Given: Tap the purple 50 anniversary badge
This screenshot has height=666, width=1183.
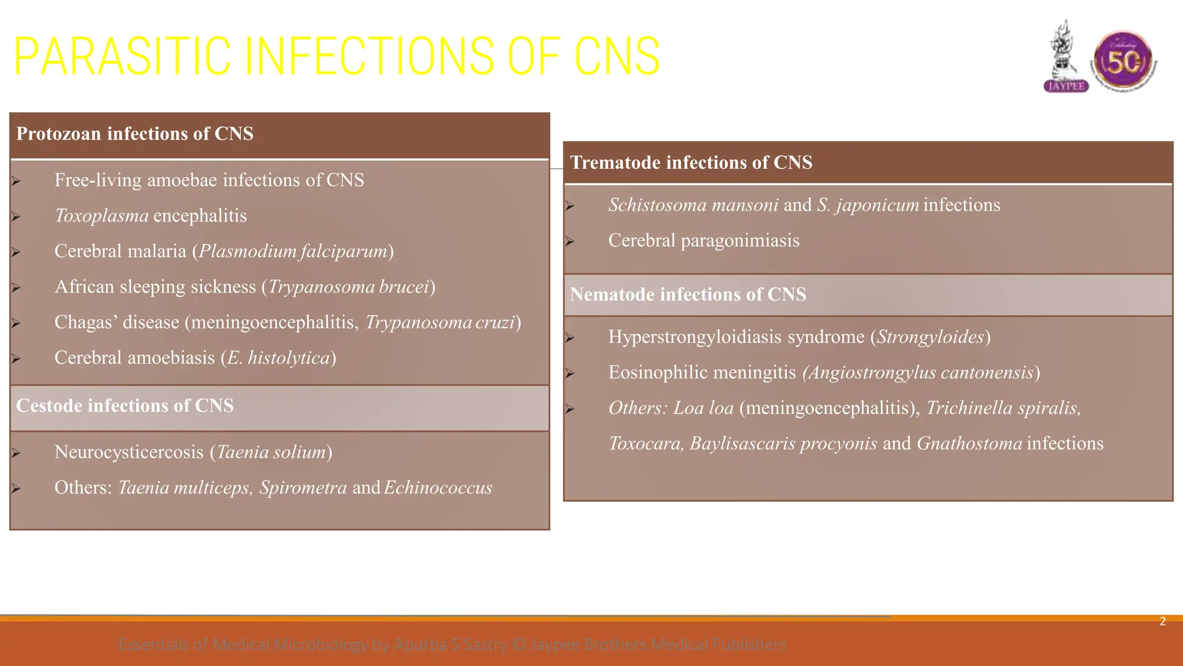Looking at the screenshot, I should pyautogui.click(x=1123, y=61).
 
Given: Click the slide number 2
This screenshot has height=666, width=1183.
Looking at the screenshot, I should pyautogui.click(x=1162, y=621).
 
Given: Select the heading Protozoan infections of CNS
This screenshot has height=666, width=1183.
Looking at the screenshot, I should pyautogui.click(x=135, y=134).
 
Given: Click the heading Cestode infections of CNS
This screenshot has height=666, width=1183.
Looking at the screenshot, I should pyautogui.click(x=125, y=406).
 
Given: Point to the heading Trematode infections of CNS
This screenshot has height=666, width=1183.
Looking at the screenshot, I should pyautogui.click(x=691, y=162).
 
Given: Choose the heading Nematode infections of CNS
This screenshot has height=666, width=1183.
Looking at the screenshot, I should pyautogui.click(x=688, y=294).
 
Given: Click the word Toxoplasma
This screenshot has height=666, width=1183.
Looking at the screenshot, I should pyautogui.click(x=102, y=216).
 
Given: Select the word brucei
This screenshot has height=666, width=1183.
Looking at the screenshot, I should pyautogui.click(x=404, y=287).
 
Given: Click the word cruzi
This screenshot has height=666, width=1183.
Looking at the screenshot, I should pyautogui.click(x=494, y=323).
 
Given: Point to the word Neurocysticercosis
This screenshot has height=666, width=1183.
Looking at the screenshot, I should pyautogui.click(x=129, y=452).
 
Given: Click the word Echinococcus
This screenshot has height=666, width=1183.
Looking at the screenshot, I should pyautogui.click(x=438, y=488).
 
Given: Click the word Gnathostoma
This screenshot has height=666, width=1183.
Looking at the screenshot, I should pyautogui.click(x=969, y=443).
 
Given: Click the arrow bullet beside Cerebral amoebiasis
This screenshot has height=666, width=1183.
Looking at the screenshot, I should pyautogui.click(x=16, y=358).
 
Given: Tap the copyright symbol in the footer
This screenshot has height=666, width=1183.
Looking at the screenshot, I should pyautogui.click(x=519, y=644).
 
